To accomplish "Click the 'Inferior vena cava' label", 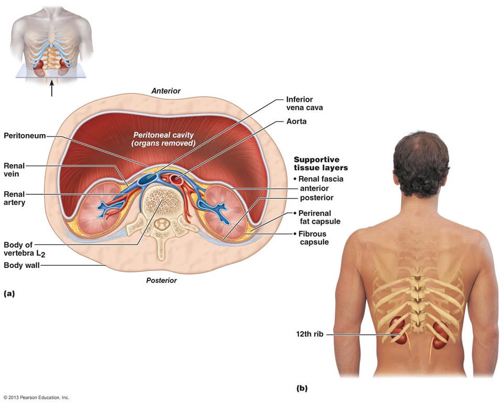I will point(304,103).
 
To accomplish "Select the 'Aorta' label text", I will point(296,121).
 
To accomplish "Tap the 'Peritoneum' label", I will point(25,136).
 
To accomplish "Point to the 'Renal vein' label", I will point(14,170).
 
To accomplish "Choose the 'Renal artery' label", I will point(14,198).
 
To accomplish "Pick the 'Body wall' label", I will point(21,265).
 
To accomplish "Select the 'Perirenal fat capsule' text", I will point(319,217).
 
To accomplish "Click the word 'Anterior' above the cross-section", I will point(166,91).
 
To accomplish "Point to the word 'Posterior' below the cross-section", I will point(161,280).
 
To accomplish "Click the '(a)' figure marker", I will point(9,294).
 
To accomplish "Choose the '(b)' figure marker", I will point(302,388).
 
